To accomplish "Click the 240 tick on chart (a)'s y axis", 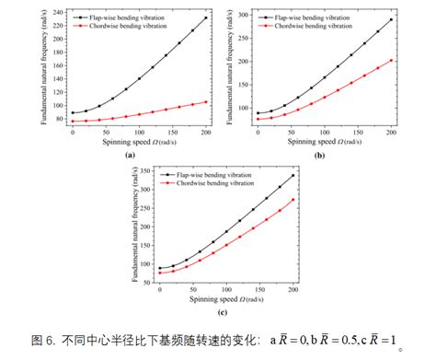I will pos(58,13).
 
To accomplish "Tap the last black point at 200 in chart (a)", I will pos(205,17).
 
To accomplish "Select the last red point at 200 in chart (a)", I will pos(205,101).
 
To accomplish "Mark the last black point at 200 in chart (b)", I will pos(391,19).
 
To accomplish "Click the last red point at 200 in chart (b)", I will pos(391,61).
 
